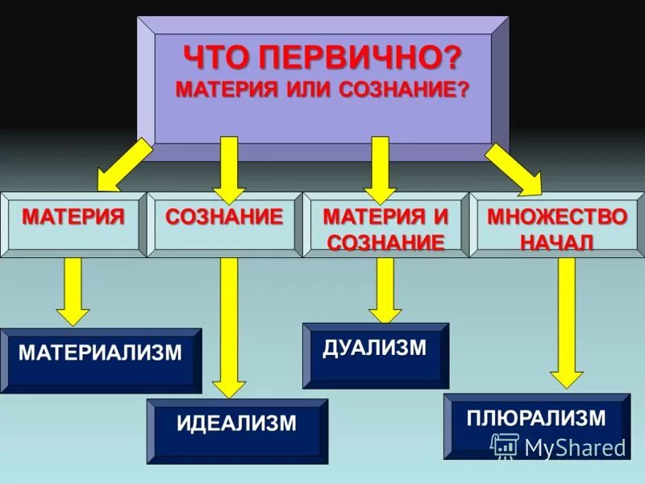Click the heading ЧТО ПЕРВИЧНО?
tap(323, 58)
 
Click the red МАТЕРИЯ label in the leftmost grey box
tap(73, 216)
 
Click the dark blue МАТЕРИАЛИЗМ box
tap(100, 359)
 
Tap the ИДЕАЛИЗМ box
tap(237, 430)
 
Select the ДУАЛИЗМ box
tap(375, 355)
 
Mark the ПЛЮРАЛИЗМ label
tap(536, 417)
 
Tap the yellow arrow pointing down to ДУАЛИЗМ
tap(385, 290)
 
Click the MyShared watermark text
tap(574, 447)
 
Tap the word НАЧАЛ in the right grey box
tap(556, 242)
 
